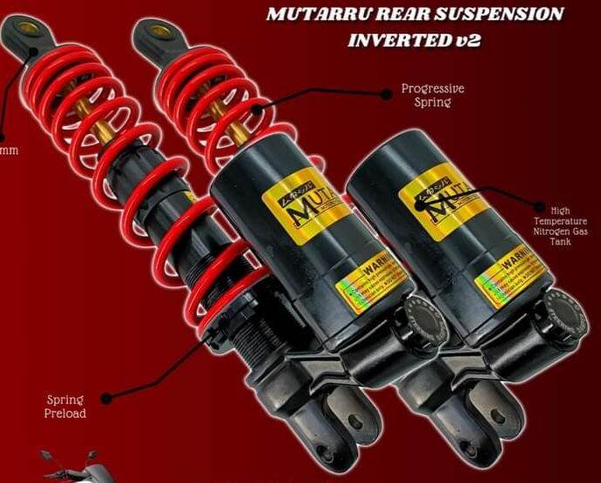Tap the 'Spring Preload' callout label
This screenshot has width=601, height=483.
click(x=66, y=406)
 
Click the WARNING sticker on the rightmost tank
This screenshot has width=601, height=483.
click(x=514, y=277)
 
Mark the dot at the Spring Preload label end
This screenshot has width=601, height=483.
click(x=106, y=398)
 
